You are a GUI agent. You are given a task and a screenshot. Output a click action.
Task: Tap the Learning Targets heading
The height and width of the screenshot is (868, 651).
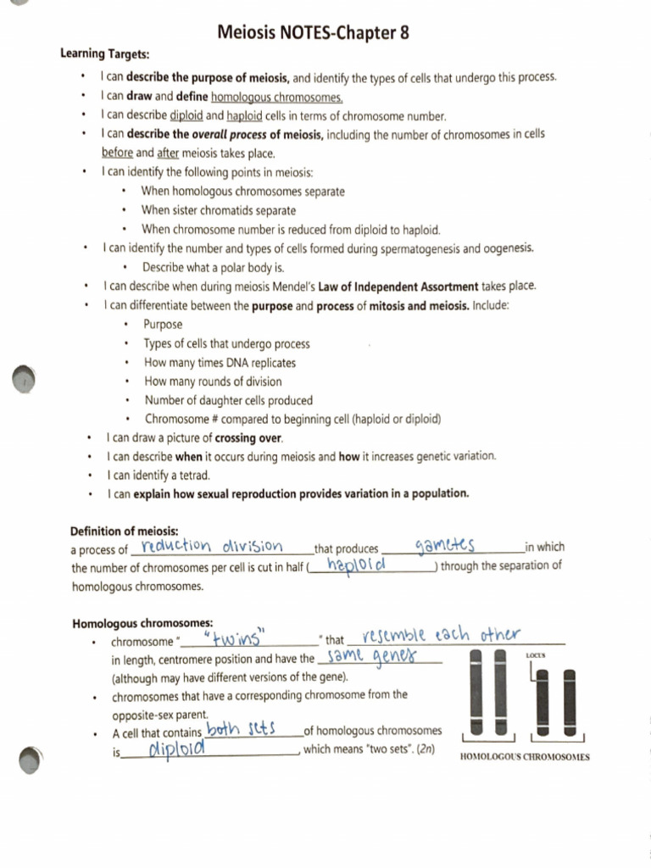point(104,54)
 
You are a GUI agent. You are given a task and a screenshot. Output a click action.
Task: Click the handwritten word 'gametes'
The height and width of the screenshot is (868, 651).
point(445,544)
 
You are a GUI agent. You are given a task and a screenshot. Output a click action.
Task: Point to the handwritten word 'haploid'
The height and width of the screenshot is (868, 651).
point(357,565)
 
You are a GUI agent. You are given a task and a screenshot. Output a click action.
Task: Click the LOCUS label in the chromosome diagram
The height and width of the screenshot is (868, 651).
point(535,656)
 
